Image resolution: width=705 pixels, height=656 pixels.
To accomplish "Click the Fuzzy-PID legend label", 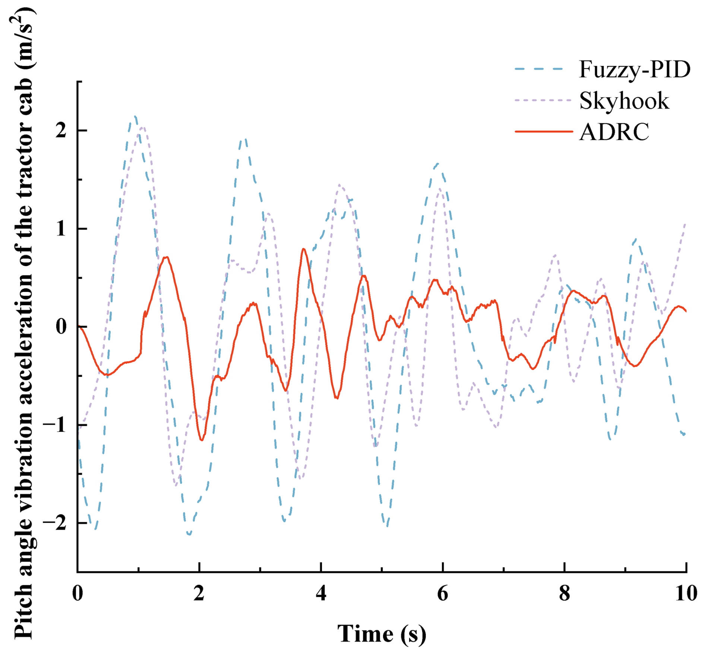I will click(634, 69).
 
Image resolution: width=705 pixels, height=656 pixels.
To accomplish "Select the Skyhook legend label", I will click(624, 101).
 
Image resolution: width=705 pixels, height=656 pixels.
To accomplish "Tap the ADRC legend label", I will click(614, 132).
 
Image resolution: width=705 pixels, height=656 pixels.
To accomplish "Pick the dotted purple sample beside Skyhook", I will click(543, 101).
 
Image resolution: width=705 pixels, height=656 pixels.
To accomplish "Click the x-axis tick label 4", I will click(321, 593).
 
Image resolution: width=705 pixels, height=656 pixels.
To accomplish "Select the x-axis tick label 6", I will click(443, 593).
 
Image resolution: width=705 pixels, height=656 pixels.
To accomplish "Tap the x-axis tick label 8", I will click(565, 593).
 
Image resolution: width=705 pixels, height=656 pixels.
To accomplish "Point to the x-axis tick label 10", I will click(686, 593).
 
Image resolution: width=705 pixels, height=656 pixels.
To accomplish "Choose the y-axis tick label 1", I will click(61, 229).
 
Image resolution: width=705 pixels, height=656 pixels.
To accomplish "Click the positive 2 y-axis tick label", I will click(61, 131).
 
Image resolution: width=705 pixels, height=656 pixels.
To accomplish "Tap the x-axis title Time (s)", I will click(382, 634).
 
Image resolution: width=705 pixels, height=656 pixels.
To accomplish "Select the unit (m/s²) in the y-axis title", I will click(23, 37).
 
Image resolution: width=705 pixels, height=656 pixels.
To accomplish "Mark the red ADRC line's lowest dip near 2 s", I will click(202, 440).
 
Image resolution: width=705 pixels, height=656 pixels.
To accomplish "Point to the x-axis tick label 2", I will click(199, 593).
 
